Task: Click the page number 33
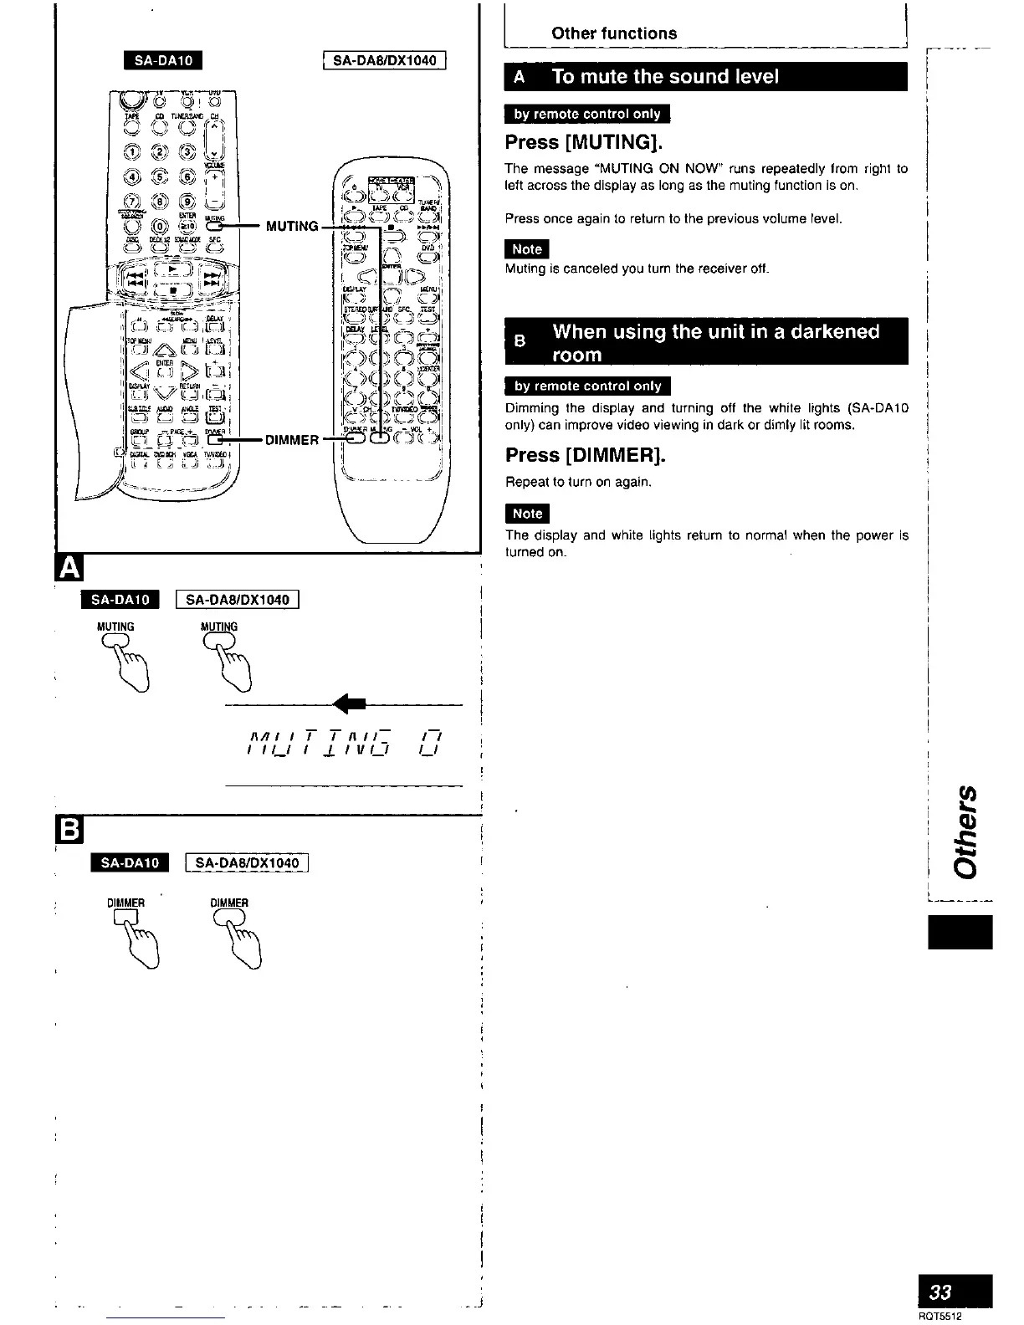[x=943, y=1291]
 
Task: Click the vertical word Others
[x=964, y=831]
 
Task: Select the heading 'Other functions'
[x=614, y=33]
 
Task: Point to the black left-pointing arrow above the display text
[x=344, y=706]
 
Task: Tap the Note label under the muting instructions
[x=527, y=249]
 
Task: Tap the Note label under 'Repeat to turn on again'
[x=527, y=514]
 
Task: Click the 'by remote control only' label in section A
[x=587, y=115]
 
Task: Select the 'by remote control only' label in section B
[x=588, y=386]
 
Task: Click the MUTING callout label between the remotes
[x=292, y=226]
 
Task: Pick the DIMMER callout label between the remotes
[x=292, y=440]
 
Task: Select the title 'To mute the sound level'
[x=665, y=77]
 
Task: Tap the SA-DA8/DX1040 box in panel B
[x=252, y=863]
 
